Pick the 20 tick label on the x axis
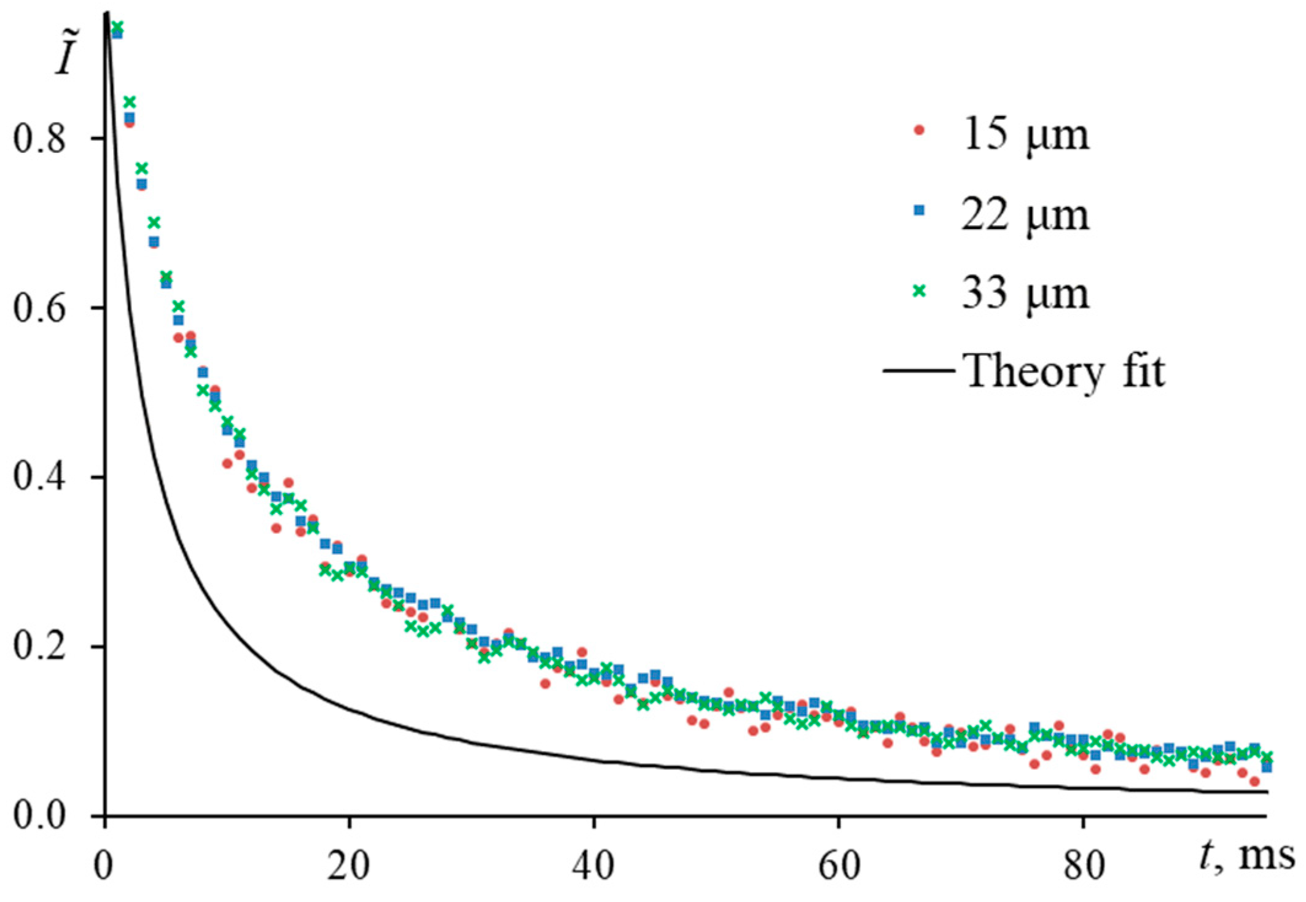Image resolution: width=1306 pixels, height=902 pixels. point(348,866)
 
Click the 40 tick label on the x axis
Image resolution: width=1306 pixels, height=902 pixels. point(593,866)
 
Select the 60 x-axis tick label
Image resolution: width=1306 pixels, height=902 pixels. point(837,866)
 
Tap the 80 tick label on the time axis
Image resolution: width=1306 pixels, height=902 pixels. point(1082,866)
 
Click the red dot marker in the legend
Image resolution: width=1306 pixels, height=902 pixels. point(919,130)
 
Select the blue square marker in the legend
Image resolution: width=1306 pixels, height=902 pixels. point(919,211)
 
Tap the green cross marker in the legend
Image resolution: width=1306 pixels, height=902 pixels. point(919,291)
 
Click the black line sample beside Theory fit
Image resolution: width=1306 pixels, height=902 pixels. point(919,370)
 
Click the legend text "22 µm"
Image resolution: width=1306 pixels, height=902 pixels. point(1025,214)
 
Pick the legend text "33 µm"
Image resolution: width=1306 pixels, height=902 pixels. point(1025,294)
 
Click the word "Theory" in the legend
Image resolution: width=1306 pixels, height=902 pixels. point(1032,372)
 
